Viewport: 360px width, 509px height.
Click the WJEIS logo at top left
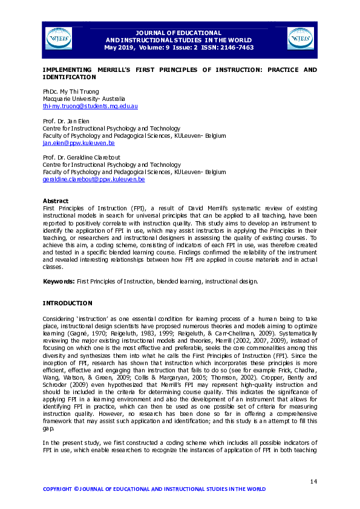(58, 38)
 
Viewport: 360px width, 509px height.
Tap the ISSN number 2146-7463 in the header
(237, 47)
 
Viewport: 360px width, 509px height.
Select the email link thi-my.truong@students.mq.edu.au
(90, 106)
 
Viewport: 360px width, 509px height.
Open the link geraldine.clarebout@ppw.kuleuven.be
(93, 180)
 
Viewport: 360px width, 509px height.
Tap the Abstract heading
(55, 200)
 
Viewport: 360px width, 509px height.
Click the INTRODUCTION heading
(67, 302)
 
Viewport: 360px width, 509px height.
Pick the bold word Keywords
(58, 281)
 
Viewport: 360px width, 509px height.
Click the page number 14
(313, 481)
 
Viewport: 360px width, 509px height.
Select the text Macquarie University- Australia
(83, 98)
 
